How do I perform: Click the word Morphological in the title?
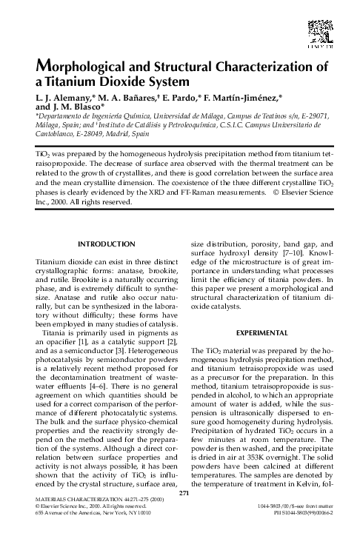point(77,67)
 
